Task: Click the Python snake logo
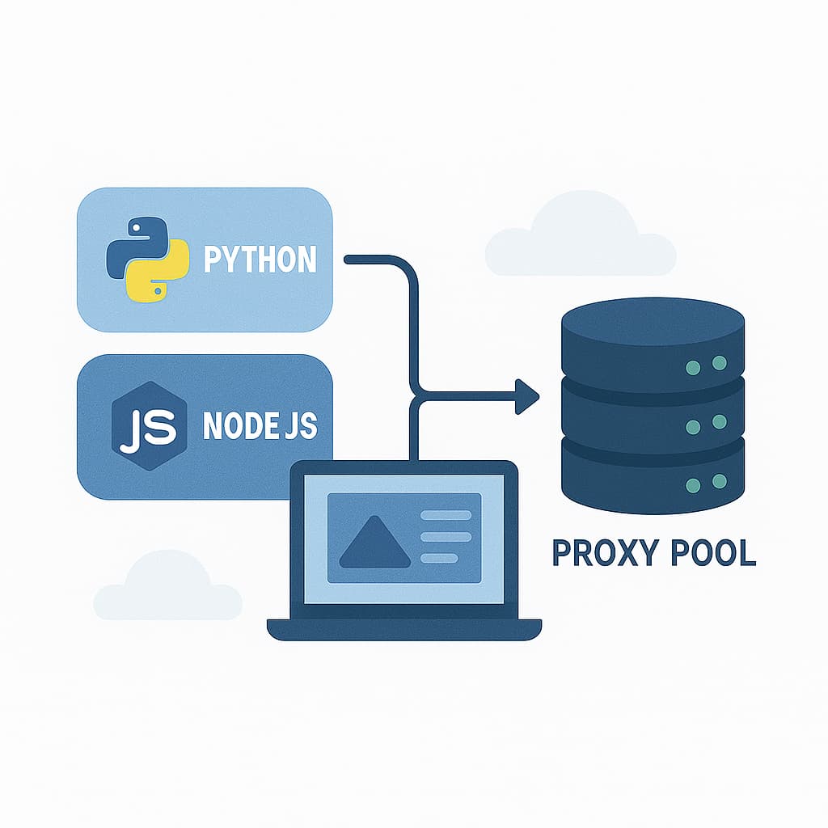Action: tap(147, 259)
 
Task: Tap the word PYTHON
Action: tap(260, 260)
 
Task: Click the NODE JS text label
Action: tap(260, 426)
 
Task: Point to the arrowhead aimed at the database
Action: tap(528, 395)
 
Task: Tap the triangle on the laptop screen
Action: tap(375, 540)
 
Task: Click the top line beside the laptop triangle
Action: tap(446, 515)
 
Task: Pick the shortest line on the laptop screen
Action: tap(440, 557)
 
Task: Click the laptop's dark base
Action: tap(404, 629)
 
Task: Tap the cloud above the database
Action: tap(581, 239)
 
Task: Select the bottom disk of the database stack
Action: tap(653, 477)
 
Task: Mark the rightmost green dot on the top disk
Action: tap(719, 363)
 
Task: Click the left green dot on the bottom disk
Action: tap(693, 485)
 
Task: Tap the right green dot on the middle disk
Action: tap(719, 421)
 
